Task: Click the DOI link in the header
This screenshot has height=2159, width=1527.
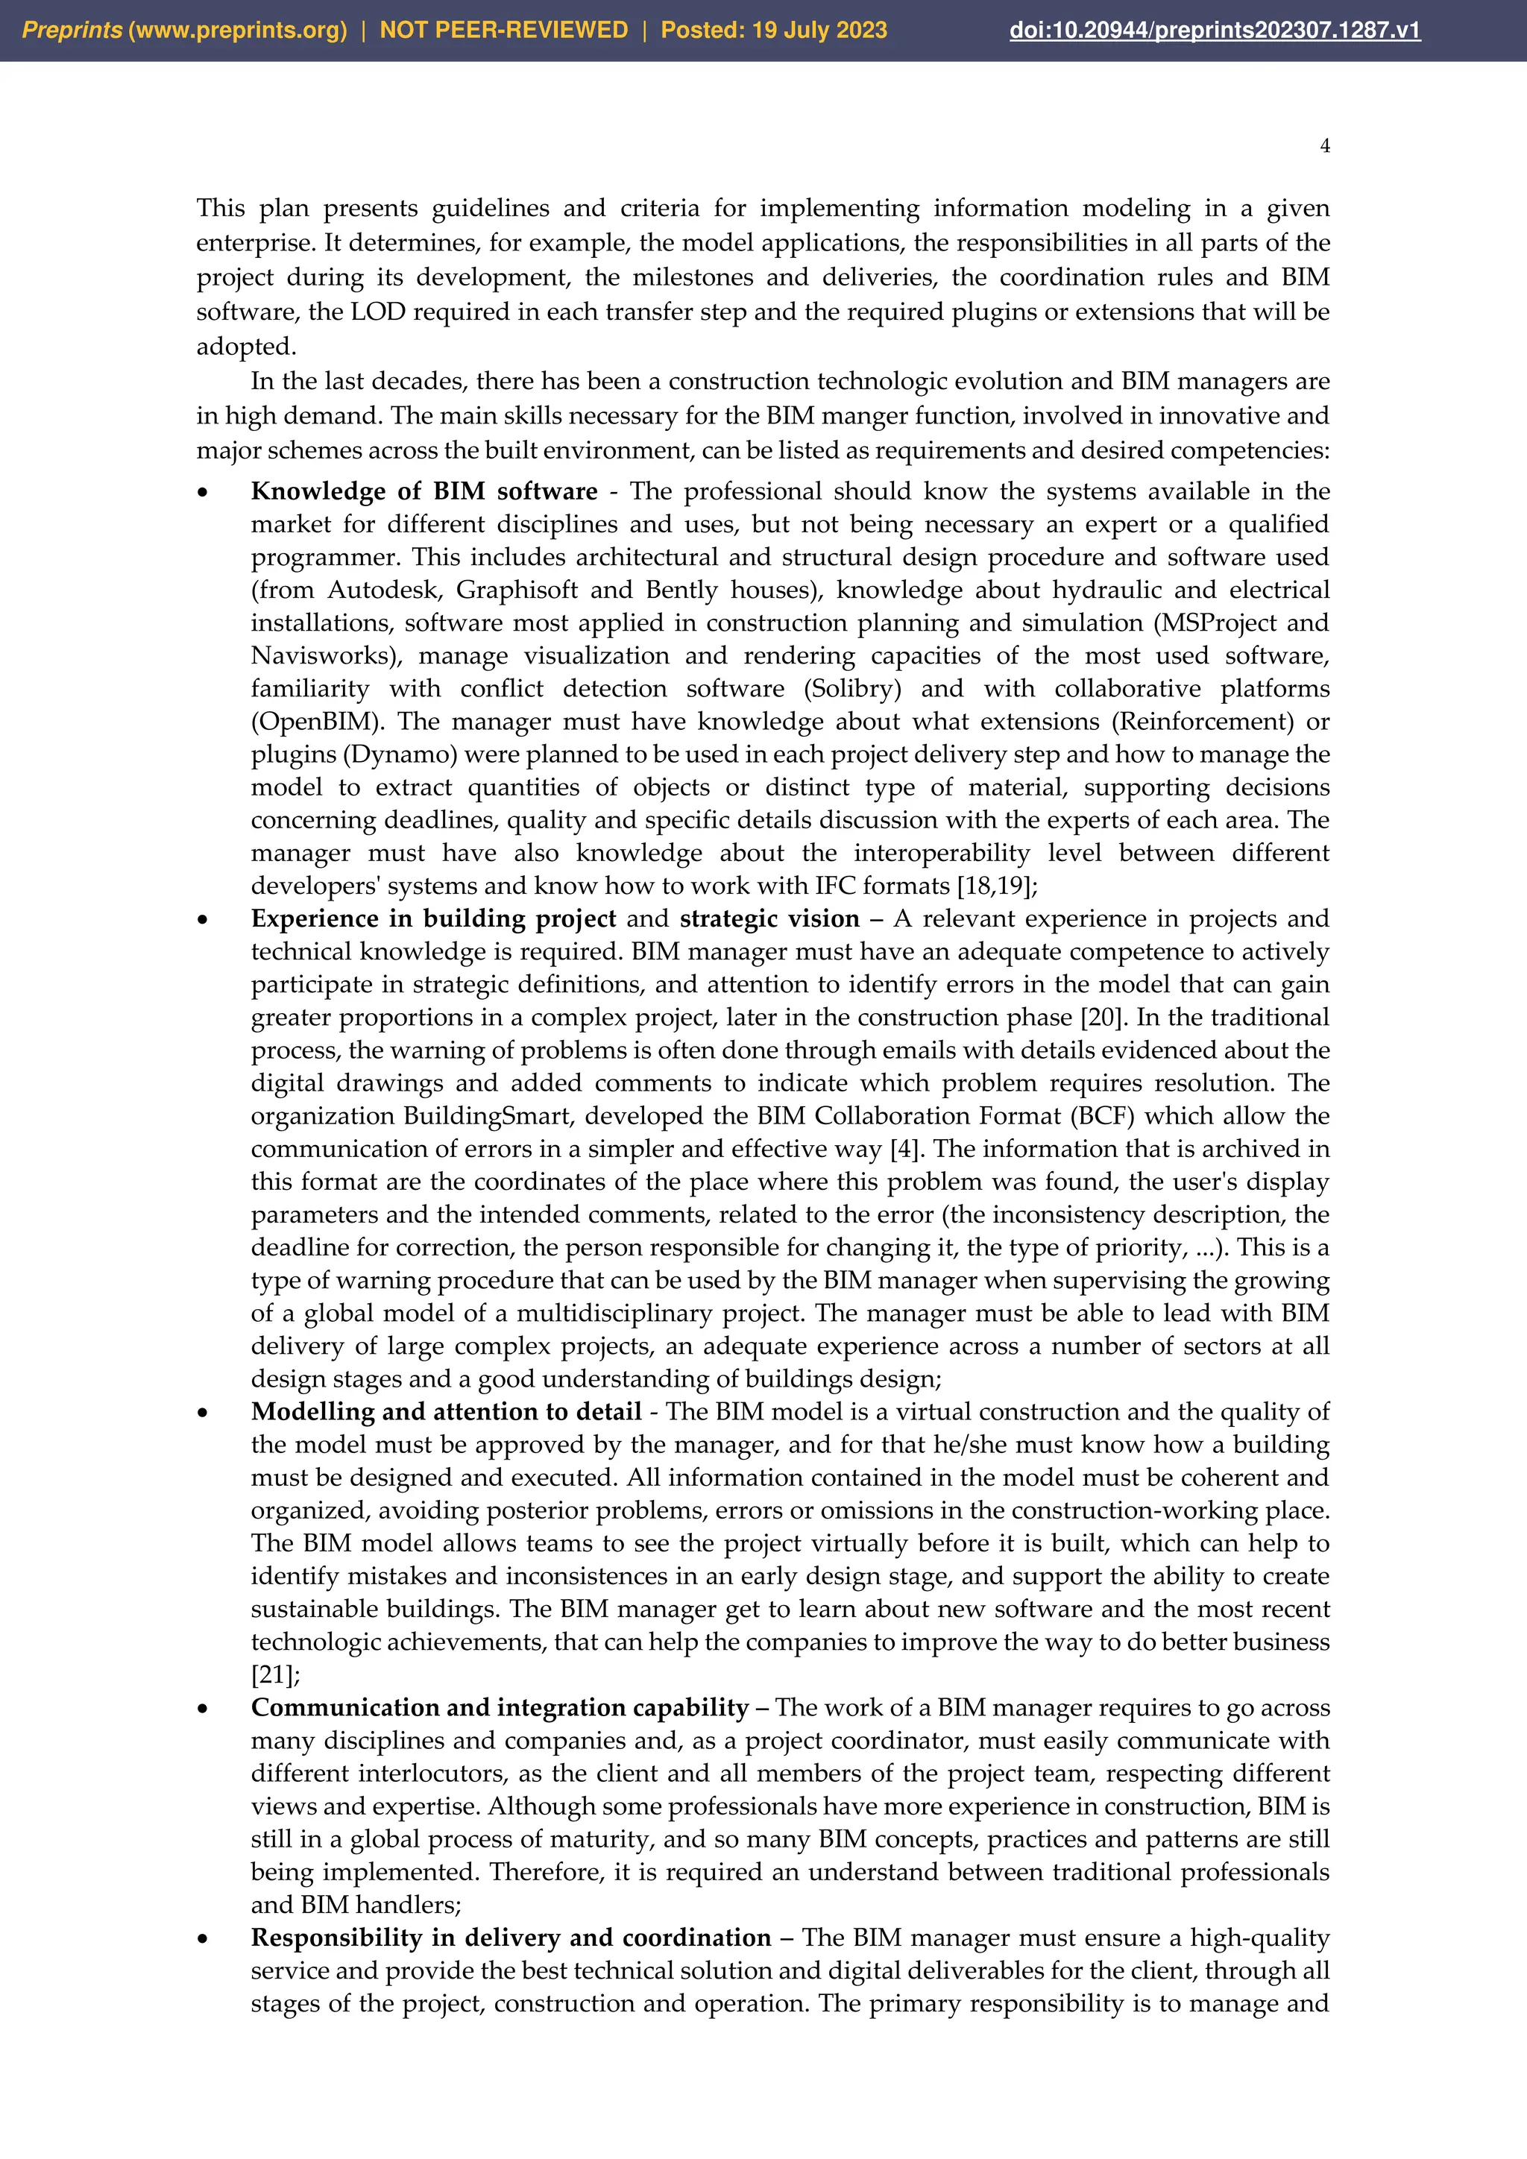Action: (1214, 30)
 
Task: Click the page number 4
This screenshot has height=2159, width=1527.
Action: (1325, 146)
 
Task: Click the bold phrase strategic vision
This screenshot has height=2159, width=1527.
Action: (769, 918)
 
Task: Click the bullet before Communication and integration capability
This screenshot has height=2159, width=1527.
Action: (202, 1709)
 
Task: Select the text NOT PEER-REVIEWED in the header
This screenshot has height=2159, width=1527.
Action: (503, 30)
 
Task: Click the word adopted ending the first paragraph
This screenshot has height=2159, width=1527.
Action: (245, 346)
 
